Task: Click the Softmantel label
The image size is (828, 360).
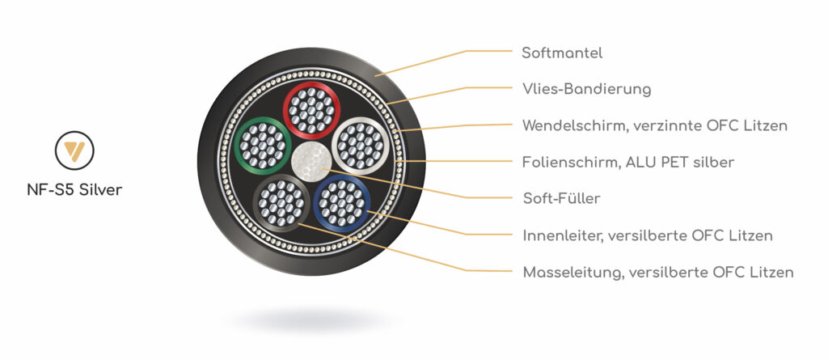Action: (562, 53)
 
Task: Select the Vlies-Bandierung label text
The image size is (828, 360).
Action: (586, 89)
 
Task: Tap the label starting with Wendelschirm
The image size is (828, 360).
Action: (655, 125)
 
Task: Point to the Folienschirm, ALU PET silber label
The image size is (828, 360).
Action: (628, 162)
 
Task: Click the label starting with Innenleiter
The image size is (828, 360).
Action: (648, 235)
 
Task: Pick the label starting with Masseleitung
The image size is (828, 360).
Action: (657, 272)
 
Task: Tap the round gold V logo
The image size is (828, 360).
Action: (74, 150)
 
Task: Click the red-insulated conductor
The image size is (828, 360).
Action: (311, 110)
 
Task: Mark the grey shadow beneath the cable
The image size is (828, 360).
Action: (311, 320)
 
